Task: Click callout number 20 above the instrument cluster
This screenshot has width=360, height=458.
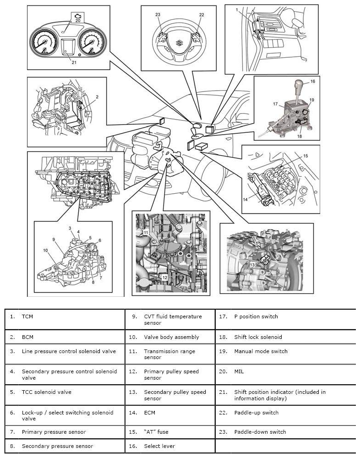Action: [78, 21]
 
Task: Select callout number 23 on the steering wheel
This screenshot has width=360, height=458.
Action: [158, 15]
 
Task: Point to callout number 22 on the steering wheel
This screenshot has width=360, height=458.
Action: [202, 15]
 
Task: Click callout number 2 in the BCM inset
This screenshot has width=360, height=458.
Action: [97, 97]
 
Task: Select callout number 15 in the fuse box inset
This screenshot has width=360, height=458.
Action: [305, 156]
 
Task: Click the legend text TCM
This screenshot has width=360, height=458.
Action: [27, 316]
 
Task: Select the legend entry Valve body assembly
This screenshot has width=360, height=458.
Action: [171, 337]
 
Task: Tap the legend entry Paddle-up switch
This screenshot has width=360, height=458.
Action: [256, 413]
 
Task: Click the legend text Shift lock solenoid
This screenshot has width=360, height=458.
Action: [258, 337]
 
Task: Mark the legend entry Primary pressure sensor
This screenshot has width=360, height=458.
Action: [54, 432]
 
